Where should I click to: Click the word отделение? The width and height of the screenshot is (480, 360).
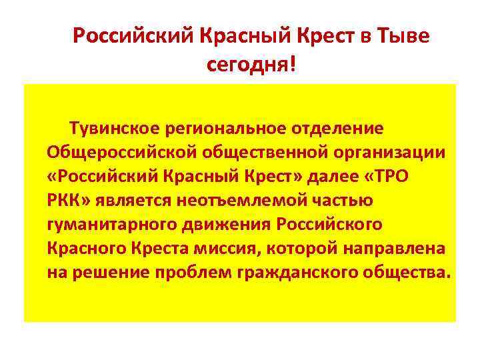tap(344, 127)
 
